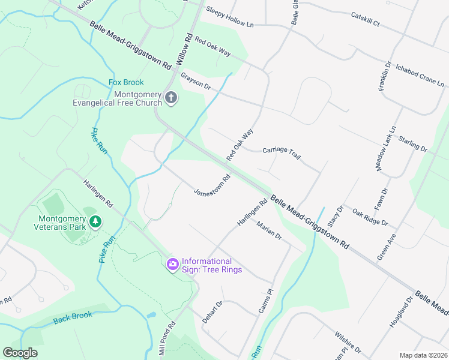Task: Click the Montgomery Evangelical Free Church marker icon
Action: coord(171,98)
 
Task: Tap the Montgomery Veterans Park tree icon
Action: coord(95,223)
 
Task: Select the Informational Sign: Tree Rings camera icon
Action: coord(173,264)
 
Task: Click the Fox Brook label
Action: coord(126,82)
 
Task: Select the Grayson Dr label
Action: coord(196,81)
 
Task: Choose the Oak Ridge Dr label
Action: coord(370,217)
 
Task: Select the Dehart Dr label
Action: coord(212,312)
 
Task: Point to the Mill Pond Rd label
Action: coord(167,338)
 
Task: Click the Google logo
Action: coord(20,353)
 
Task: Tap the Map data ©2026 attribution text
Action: coord(423,355)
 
